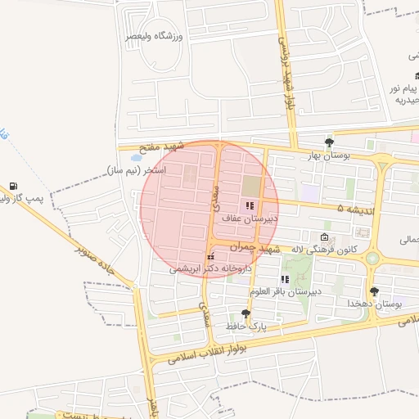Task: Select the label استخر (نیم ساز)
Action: pyautogui.click(x=136, y=170)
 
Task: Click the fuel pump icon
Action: pyautogui.click(x=13, y=186)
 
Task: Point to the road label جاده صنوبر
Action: pyautogui.click(x=99, y=263)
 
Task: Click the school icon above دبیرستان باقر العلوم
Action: pyautogui.click(x=285, y=280)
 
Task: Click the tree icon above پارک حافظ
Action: pyautogui.click(x=246, y=313)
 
